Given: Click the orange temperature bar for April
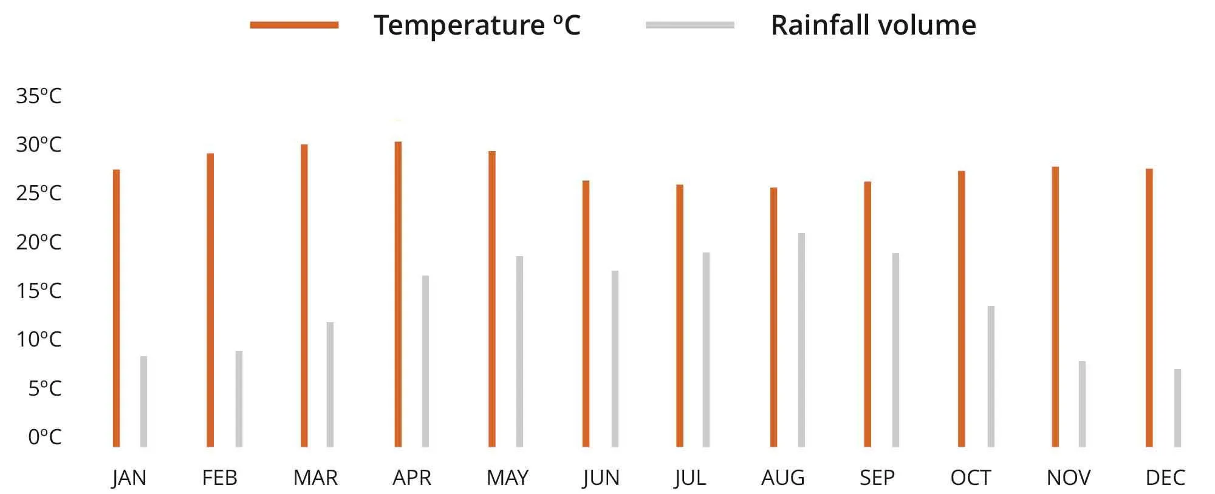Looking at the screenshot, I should [398, 294].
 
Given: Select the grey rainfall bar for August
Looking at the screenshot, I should [801, 340].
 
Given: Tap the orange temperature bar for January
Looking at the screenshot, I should [117, 308].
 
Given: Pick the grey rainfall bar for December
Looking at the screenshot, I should [1177, 408].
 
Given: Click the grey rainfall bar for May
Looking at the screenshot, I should [519, 351].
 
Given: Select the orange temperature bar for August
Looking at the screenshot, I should [773, 317].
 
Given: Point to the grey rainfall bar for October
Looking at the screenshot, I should [991, 376].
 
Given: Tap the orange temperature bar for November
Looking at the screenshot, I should [1055, 306].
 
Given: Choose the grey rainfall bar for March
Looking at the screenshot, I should [330, 384].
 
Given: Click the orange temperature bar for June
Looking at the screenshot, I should [586, 314].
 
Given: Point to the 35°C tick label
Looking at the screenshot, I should [39, 96].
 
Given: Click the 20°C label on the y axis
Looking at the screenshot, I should [39, 242].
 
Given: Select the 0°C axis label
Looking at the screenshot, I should [44, 436].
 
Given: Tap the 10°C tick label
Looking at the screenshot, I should [39, 339].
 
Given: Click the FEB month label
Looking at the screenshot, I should [219, 478].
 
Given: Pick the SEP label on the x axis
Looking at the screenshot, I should [877, 478].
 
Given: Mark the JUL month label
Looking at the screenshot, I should [690, 478].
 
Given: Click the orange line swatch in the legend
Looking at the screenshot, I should [294, 25].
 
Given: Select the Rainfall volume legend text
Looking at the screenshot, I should [873, 25].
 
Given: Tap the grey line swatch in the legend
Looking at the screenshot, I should [690, 25].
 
